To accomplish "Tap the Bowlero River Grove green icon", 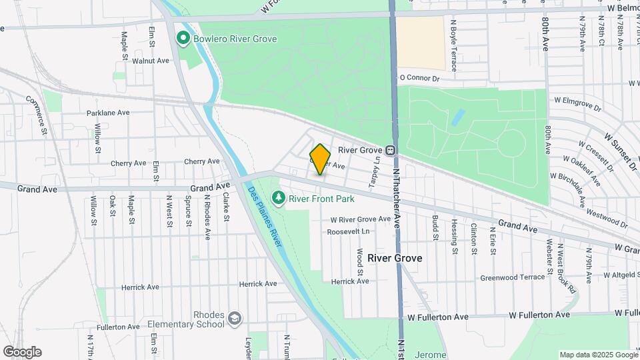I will (x=183, y=39).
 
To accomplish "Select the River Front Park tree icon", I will (x=279, y=198).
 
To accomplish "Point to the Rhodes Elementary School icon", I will (x=233, y=318).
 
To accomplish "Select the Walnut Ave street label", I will (x=151, y=61).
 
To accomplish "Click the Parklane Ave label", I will (x=107, y=113).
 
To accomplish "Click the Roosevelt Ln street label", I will (x=348, y=231).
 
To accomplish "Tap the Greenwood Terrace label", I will (x=513, y=277).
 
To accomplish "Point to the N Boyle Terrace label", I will (x=454, y=45).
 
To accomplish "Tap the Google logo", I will (x=22, y=352).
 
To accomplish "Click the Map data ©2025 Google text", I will (x=597, y=355).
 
